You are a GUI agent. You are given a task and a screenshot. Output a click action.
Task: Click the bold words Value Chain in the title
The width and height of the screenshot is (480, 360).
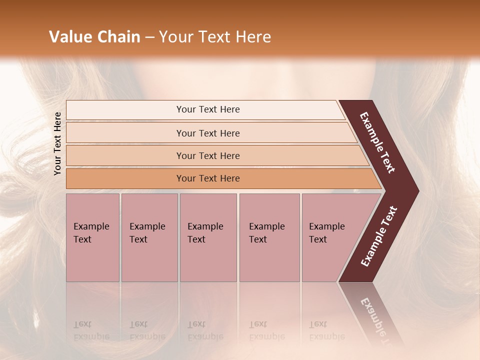tap(94, 37)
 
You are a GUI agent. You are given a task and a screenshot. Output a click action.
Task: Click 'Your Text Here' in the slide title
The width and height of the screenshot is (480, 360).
tap(215, 37)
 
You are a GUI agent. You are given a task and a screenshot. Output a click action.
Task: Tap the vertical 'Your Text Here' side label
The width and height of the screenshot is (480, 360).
tap(57, 143)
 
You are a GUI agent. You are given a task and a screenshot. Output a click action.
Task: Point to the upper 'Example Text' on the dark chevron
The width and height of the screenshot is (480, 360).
tap(377, 142)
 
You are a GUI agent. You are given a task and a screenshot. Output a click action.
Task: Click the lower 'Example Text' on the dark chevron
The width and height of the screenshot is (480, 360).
tap(379, 236)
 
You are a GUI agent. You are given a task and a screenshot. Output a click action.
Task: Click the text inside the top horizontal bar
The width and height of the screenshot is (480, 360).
tap(208, 109)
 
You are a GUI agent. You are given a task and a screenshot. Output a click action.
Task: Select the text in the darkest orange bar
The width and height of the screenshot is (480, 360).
tap(208, 178)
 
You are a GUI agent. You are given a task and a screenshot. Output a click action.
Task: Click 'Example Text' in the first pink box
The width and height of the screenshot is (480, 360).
tap(91, 233)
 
